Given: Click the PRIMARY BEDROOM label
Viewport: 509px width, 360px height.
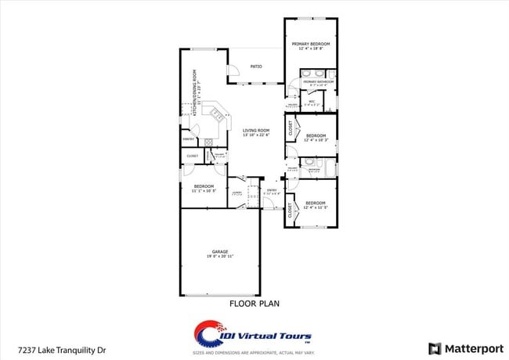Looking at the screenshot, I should [x=311, y=44].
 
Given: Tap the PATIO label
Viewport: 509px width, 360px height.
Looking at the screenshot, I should [x=256, y=67].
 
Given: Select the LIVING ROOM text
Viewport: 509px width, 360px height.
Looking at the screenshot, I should [x=256, y=131].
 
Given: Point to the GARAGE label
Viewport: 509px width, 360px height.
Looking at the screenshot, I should [x=219, y=252].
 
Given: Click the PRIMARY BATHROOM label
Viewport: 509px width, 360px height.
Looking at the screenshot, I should [x=319, y=81].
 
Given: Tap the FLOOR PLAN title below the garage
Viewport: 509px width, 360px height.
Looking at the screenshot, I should [x=254, y=303].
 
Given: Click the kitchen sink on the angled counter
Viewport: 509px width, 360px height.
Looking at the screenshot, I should [x=212, y=113].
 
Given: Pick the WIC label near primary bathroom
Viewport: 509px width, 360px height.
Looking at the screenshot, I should [x=311, y=102].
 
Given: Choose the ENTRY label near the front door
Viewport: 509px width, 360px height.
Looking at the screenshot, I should [x=272, y=190].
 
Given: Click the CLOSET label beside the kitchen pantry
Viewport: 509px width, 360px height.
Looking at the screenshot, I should [x=192, y=156].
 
